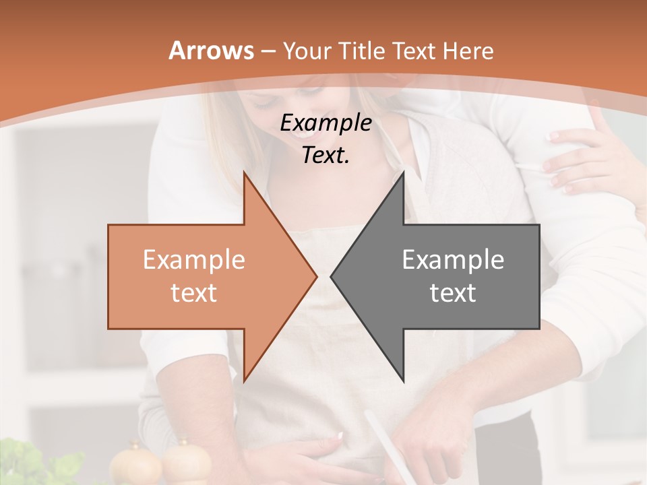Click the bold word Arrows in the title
(211, 51)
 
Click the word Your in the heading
(305, 51)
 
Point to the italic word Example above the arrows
(326, 123)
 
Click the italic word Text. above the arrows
(326, 155)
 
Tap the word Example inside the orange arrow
(193, 259)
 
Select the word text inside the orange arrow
(193, 293)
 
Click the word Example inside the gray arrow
(453, 259)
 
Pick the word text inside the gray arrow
(453, 293)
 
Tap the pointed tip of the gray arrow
(332, 276)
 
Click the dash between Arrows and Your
(268, 52)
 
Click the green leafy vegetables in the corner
(40, 465)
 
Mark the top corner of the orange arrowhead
(244, 173)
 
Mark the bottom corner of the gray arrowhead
(403, 381)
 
